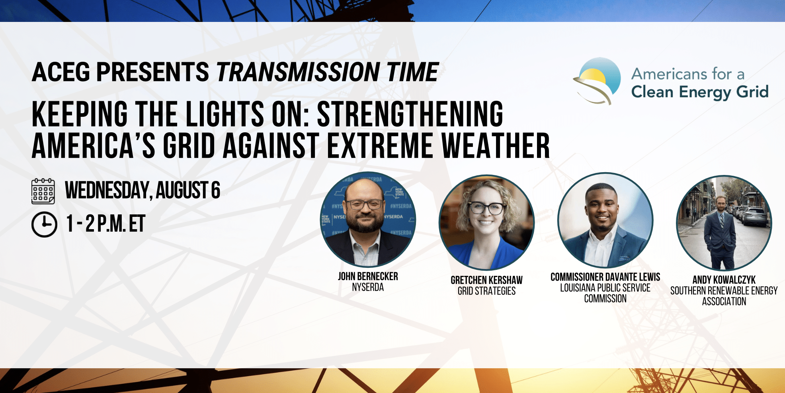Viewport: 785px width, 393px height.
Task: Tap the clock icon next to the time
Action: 44,224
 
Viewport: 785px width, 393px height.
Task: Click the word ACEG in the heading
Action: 61,72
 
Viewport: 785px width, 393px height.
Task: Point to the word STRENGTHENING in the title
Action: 410,114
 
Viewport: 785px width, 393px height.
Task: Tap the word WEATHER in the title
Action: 496,146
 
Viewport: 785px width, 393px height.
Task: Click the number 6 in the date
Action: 215,190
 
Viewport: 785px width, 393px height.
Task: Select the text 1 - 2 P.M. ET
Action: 106,224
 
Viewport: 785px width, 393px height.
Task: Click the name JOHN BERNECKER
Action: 368,276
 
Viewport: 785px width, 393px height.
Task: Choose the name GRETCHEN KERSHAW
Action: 486,280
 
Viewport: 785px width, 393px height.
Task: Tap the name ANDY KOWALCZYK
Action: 724,280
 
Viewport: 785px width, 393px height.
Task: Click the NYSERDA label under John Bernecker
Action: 368,287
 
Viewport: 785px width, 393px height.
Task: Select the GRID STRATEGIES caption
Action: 486,291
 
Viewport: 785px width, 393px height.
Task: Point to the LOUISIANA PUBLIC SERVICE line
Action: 605,288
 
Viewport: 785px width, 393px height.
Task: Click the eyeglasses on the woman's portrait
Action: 487,208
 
